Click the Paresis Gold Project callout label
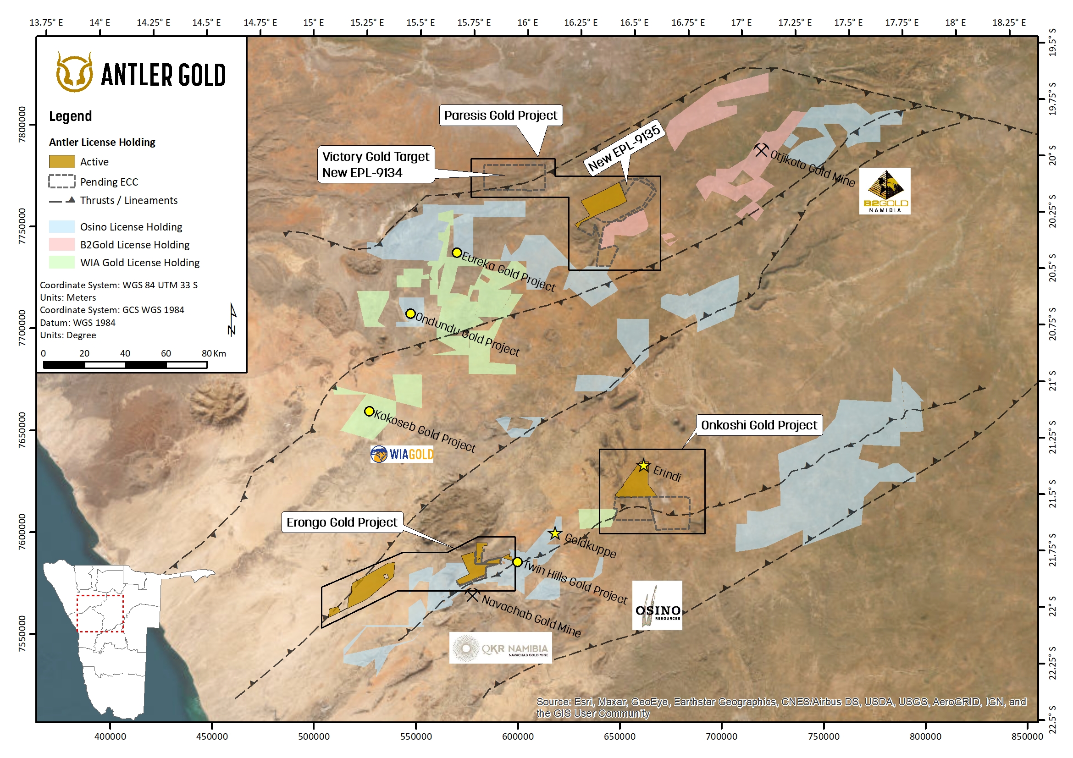pos(500,115)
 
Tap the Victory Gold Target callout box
pos(376,165)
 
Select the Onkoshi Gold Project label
pos(758,425)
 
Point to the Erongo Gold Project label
pos(342,522)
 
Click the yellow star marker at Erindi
pos(643,466)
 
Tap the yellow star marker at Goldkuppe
pos(555,533)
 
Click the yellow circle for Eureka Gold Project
pos(457,253)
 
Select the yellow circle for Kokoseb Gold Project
pos(369,412)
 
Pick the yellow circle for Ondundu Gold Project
pos(410,313)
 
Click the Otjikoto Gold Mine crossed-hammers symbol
pos(761,150)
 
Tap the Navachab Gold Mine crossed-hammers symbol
pos(472,595)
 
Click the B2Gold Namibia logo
pos(885,191)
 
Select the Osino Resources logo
pos(657,605)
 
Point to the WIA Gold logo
pos(402,454)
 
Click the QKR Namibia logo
pos(500,649)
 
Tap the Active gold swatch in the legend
pos(62,162)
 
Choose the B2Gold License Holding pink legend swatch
pos(62,245)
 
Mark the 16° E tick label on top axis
pos(528,22)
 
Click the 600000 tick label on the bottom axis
pos(517,736)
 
